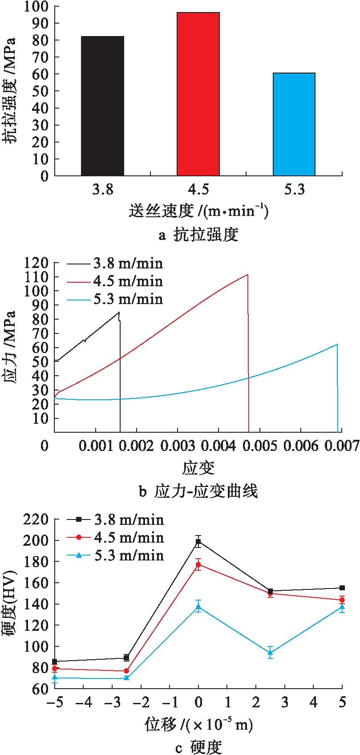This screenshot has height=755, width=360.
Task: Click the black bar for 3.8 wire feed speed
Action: point(102,106)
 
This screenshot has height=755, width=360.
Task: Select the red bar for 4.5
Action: point(198,94)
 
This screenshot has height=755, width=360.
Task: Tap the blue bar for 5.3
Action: point(294,124)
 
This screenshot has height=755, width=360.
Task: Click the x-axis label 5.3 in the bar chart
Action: point(294,190)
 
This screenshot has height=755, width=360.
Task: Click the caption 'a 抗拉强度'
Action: point(198,235)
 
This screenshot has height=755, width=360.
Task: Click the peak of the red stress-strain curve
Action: point(247,274)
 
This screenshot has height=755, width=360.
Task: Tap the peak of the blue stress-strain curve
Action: point(337,344)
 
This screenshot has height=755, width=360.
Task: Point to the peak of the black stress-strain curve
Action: point(119,312)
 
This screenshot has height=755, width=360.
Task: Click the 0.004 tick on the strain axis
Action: point(218,446)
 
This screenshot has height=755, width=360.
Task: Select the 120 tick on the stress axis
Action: point(36,263)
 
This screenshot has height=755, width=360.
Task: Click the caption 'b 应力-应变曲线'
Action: point(198,491)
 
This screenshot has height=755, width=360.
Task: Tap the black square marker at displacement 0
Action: point(198,542)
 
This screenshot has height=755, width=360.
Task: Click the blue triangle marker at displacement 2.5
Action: point(270,653)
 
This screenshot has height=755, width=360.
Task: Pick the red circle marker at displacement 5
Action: point(342,600)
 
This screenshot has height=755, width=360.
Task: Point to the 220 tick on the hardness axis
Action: point(36,519)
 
